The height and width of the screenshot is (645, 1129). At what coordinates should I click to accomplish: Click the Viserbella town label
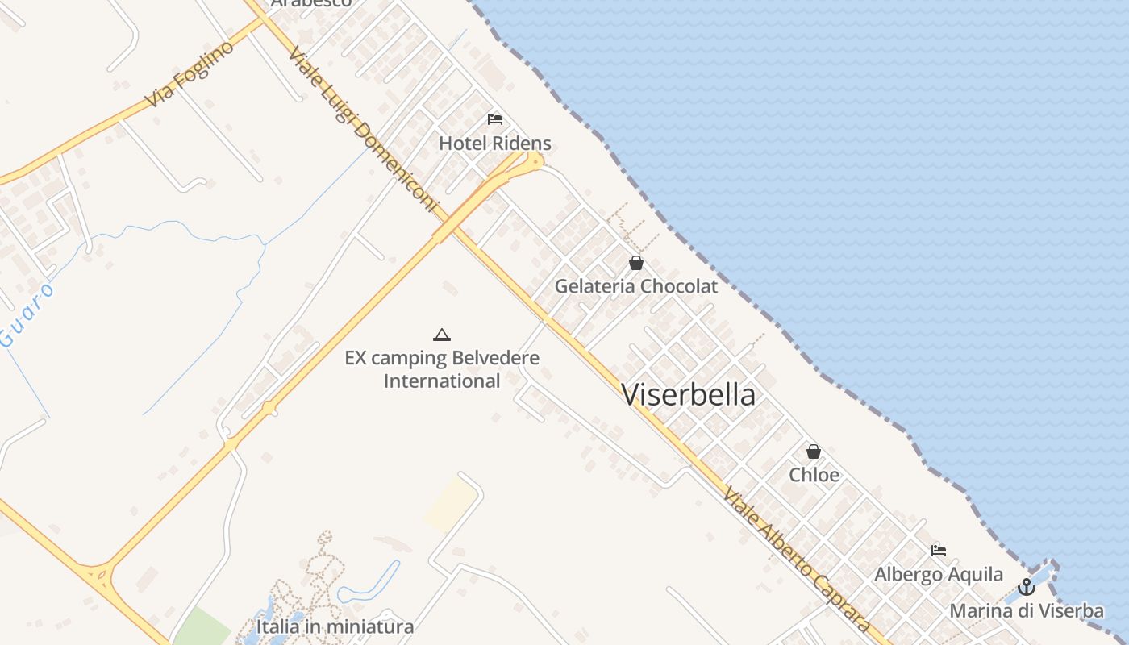pyautogui.click(x=689, y=394)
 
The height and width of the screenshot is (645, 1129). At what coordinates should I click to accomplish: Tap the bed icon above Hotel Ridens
pyautogui.click(x=495, y=119)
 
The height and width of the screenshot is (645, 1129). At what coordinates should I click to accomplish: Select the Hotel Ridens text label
pyautogui.click(x=495, y=144)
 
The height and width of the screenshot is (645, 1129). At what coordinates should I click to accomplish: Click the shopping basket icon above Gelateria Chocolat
pyautogui.click(x=636, y=263)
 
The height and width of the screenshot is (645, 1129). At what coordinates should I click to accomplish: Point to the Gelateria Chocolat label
pyautogui.click(x=636, y=286)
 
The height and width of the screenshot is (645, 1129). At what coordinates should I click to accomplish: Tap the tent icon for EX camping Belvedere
pyautogui.click(x=441, y=335)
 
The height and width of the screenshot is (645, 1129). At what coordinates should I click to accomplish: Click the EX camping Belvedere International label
pyautogui.click(x=442, y=368)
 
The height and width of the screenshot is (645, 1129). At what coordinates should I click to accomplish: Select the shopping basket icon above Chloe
pyautogui.click(x=814, y=451)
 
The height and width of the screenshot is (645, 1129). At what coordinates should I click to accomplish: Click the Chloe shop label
pyautogui.click(x=814, y=475)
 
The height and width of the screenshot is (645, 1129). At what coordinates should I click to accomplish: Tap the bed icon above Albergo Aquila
pyautogui.click(x=939, y=551)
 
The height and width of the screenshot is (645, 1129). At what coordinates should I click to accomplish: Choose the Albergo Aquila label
pyautogui.click(x=939, y=574)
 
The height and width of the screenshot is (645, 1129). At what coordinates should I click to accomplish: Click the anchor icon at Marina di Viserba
pyautogui.click(x=1027, y=587)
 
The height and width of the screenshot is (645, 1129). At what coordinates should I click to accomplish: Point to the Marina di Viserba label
pyautogui.click(x=1027, y=610)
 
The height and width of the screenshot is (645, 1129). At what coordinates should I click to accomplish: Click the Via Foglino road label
pyautogui.click(x=190, y=73)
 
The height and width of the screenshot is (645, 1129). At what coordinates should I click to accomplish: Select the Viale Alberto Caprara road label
pyautogui.click(x=797, y=560)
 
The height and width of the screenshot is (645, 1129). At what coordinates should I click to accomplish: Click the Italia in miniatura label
pyautogui.click(x=335, y=626)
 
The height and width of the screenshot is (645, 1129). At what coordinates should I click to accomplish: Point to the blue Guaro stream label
pyautogui.click(x=28, y=314)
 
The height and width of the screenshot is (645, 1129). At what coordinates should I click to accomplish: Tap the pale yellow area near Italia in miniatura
pyautogui.click(x=451, y=504)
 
